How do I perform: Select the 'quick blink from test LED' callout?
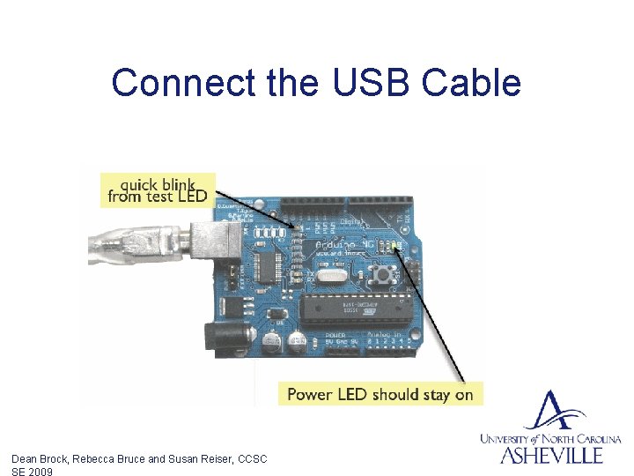point(158,190)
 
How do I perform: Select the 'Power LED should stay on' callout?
point(380,394)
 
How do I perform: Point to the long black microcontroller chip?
point(350,309)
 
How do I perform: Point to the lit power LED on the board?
point(397,248)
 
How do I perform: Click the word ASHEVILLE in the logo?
point(552,455)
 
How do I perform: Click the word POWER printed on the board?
point(335,335)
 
